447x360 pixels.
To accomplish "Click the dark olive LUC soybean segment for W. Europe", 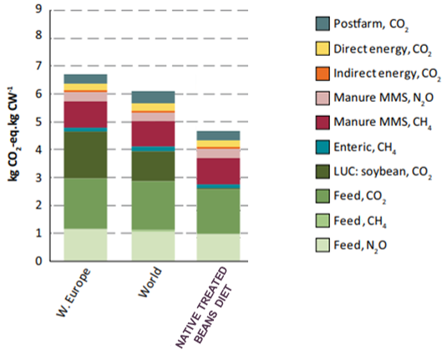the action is point(85,155).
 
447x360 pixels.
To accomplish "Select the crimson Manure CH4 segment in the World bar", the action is point(153,134).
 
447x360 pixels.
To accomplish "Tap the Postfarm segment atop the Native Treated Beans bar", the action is point(218,135).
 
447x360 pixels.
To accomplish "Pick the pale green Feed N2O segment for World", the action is point(153,245).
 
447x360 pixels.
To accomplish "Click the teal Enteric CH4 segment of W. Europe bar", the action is point(85,129).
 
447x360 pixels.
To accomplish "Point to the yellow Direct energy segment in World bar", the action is point(153,107).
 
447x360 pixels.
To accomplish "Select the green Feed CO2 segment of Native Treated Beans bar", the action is point(218,211).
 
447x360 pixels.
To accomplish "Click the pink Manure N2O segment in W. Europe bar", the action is point(85,97).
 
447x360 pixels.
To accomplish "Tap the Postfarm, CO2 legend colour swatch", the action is point(323,23).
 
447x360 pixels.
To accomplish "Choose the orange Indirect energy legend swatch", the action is point(323,74).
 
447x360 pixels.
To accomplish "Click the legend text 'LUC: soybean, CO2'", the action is point(383,172).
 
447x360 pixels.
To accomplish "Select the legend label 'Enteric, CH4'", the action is point(365,148).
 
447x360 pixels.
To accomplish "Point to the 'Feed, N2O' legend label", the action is point(360,246).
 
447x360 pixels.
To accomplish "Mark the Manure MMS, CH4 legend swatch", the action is point(323,123).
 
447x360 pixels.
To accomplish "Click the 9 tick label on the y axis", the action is point(38,9).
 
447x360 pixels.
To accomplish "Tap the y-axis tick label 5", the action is point(38,122).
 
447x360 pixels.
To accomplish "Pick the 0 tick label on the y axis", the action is point(38,261).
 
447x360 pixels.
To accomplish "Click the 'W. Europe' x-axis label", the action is point(74,292).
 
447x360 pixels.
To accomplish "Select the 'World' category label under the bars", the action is point(150,282).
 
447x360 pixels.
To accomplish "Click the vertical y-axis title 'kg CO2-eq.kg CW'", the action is point(13,133).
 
